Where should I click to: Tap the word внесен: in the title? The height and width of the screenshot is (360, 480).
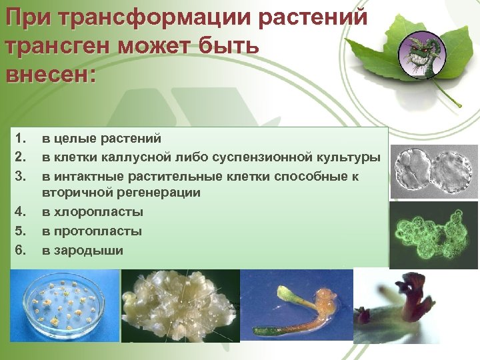51,72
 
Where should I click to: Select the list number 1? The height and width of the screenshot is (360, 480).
21,139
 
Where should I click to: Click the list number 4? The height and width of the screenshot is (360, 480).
21,212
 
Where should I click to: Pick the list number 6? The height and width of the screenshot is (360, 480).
21,250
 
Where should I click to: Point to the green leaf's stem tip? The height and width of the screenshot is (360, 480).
459,105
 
